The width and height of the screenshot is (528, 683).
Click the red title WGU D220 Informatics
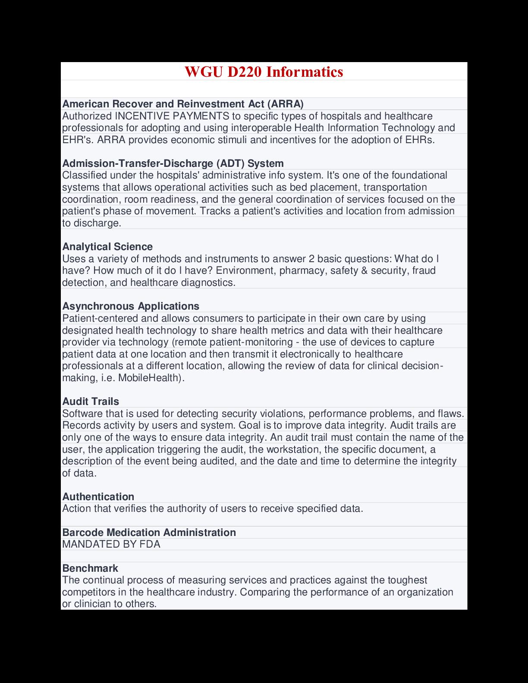tap(264, 72)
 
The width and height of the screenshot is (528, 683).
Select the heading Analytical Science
tap(107, 247)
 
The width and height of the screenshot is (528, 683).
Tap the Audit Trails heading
tap(91, 401)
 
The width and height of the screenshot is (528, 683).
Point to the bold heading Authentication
tap(98, 497)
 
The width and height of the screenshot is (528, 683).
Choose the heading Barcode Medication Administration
tap(149, 533)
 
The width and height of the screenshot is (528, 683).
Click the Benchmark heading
tap(90, 568)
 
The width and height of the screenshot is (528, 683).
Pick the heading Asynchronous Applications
tap(131, 306)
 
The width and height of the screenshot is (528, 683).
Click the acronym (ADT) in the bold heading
tap(231, 163)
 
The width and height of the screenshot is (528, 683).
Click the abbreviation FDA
tap(150, 544)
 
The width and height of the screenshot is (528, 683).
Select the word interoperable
tap(262, 128)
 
